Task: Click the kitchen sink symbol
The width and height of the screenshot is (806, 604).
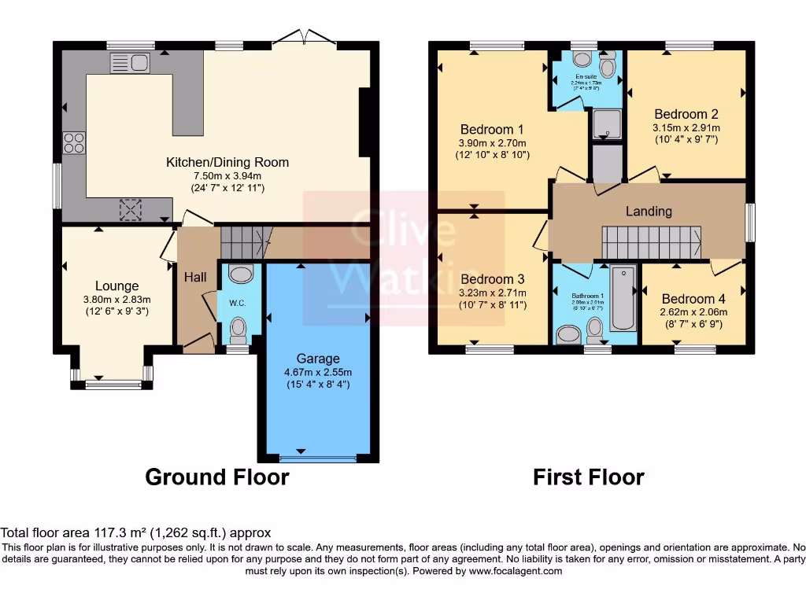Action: tap(131, 63)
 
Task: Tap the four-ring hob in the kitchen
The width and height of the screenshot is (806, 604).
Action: tap(75, 142)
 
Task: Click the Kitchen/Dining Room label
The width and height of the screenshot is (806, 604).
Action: tap(227, 163)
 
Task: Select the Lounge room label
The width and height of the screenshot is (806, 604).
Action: tap(116, 286)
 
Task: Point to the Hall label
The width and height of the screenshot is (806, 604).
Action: tap(195, 277)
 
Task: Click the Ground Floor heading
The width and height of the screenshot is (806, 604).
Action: tap(217, 477)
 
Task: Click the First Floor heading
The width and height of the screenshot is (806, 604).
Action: tap(588, 477)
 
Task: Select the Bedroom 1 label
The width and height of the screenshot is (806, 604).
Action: tap(492, 129)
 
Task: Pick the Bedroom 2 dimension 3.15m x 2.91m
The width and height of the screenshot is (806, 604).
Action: tap(686, 127)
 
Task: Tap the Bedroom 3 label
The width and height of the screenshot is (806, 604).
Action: tap(493, 279)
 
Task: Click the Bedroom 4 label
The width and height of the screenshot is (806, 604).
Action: tap(693, 299)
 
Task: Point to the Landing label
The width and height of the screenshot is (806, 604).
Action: tap(649, 211)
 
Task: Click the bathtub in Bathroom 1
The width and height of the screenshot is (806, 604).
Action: tap(623, 299)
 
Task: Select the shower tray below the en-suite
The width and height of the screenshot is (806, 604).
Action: tap(606, 123)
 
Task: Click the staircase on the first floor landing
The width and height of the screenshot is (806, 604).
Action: tap(651, 239)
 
